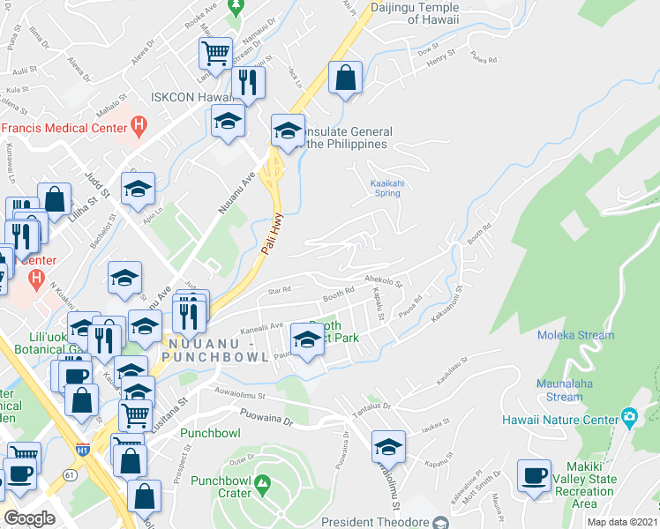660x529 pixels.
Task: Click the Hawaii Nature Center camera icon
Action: [x=629, y=416]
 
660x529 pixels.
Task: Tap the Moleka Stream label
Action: [x=575, y=335]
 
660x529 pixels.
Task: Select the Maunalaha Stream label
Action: [x=571, y=390]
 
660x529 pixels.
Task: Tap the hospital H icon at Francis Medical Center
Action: [x=139, y=128]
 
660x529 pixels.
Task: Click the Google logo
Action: [x=29, y=518]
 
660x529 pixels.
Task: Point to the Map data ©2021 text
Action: [x=623, y=522]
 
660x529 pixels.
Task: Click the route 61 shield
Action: [x=70, y=476]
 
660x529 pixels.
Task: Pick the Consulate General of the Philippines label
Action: [x=347, y=138]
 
